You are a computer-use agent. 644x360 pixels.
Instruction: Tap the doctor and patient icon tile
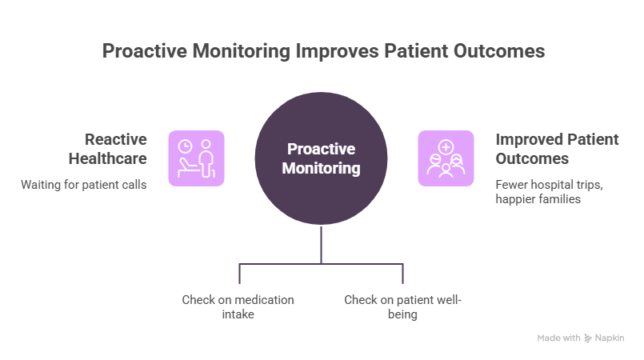[196, 158]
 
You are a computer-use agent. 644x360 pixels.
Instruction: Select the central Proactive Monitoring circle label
[322, 159]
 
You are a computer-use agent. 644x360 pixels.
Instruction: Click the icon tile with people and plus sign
[446, 158]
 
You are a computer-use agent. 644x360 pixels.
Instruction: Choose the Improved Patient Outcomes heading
[558, 148]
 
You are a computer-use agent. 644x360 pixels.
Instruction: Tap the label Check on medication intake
[238, 307]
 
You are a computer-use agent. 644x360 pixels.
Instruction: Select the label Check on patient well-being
[403, 307]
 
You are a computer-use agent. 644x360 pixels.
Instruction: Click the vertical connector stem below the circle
[322, 244]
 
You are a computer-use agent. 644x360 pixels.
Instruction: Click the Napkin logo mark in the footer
[588, 338]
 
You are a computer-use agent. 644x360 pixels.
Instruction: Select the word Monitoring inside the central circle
[322, 169]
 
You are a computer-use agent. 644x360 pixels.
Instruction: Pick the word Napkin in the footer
[610, 338]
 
